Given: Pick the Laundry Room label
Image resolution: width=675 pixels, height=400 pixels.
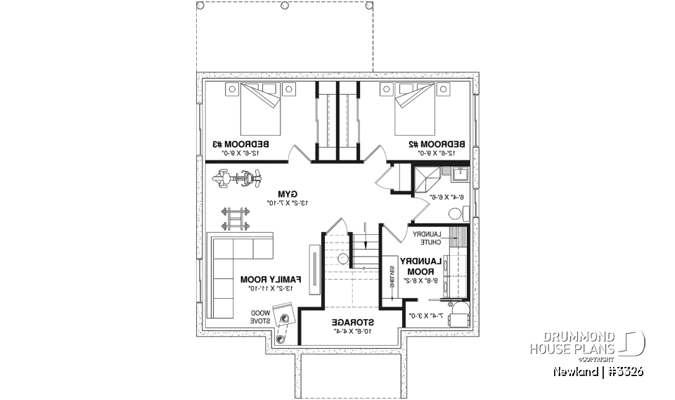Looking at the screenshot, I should [x=418, y=265].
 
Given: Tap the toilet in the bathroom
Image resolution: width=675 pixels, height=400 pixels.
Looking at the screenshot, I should [x=456, y=213].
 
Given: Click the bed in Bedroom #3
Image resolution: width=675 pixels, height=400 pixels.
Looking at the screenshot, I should [x=260, y=108].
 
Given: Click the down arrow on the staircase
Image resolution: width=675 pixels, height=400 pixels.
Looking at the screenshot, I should [x=366, y=229].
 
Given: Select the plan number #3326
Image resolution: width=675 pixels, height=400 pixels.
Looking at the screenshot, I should [x=624, y=370].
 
